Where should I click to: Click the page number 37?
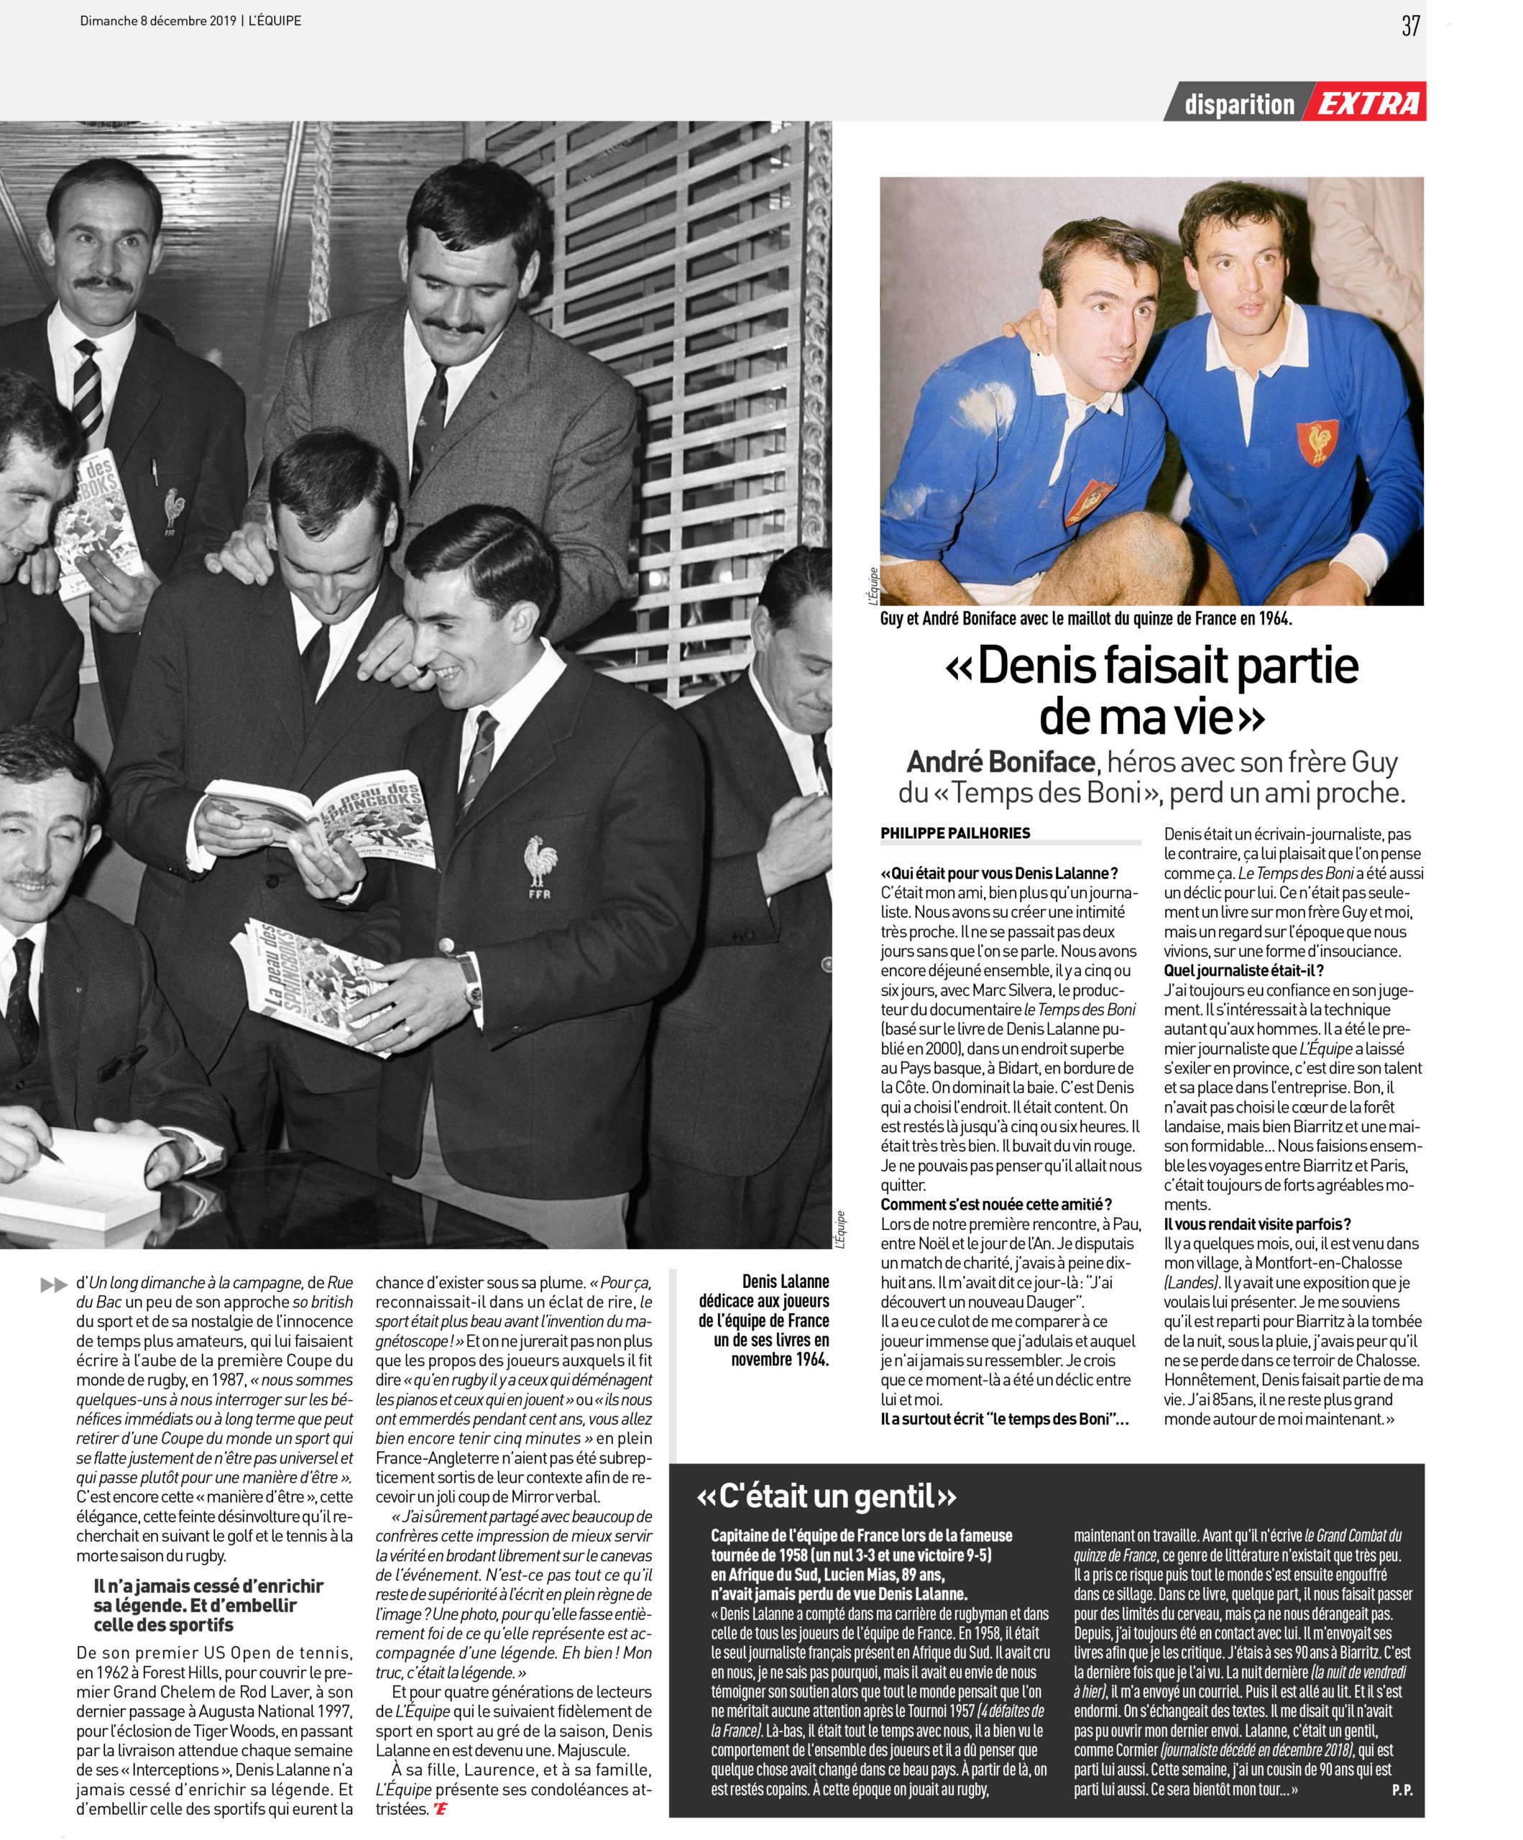tap(1410, 27)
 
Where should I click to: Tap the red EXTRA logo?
tap(1368, 104)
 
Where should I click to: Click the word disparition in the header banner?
tap(1238, 105)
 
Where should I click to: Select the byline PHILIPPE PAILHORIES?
tap(955, 832)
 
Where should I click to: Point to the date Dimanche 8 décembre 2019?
tap(157, 20)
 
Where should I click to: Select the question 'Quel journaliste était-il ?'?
tap(1243, 970)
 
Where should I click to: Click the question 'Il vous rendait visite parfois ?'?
tap(1256, 1224)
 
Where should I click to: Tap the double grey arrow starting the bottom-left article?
tap(53, 1285)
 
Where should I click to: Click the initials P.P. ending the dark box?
tap(1402, 1790)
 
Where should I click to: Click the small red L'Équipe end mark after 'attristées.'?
tap(439, 1809)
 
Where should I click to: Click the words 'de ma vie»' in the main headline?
tap(1151, 717)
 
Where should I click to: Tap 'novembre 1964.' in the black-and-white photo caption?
tap(780, 1359)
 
